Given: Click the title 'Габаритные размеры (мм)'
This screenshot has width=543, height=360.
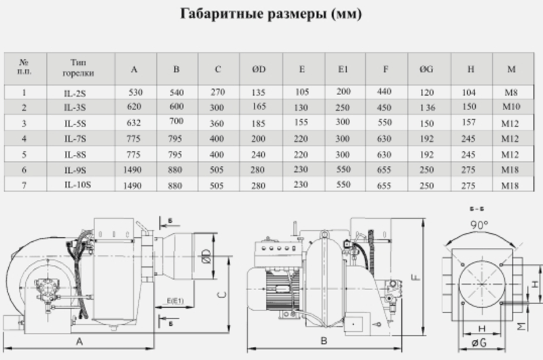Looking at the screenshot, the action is [271, 14].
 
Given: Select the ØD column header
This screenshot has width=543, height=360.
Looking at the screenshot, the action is [259, 69].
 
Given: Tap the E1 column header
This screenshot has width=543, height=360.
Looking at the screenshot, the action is [343, 69].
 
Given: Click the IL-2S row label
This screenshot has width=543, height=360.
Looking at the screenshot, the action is [75, 93].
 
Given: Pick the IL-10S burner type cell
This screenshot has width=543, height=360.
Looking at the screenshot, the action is [77, 185].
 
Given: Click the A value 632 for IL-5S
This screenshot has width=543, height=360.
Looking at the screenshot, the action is [134, 123].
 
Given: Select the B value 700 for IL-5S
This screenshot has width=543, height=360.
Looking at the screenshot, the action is [176, 121].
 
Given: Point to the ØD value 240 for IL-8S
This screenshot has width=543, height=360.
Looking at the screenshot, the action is [258, 155].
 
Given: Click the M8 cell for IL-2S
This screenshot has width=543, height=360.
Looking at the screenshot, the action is [511, 92].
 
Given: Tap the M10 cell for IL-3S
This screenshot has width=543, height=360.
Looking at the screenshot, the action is [511, 107].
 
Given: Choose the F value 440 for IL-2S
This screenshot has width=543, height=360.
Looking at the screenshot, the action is [384, 92].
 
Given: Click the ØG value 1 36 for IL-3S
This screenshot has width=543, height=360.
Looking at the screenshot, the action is [428, 108].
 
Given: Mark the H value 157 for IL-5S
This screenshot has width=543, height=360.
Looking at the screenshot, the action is [468, 122].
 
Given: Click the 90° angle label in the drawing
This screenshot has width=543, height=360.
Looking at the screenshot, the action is [479, 225].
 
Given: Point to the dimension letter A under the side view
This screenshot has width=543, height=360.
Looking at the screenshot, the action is [79, 342].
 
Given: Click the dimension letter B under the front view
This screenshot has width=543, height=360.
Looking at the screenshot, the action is [324, 341].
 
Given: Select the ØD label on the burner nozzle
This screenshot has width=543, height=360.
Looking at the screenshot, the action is [206, 256].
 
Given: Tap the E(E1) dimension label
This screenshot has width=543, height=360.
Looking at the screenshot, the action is [175, 301].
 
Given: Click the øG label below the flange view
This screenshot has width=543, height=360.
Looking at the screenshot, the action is [479, 342].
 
